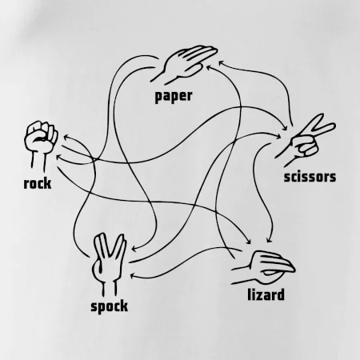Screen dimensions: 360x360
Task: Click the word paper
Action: coord(174,97)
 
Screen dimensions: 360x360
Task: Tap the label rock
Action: coord(38,183)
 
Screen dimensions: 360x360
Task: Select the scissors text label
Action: coord(310,177)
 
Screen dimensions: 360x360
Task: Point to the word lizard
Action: coord(266,294)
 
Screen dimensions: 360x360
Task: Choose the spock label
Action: coord(109,306)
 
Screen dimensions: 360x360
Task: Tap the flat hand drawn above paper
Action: coord(184,64)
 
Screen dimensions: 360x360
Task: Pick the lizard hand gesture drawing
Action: coord(263,267)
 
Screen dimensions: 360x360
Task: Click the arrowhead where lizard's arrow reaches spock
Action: coord(133,276)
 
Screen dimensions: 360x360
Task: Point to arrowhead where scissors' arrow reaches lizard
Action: coord(269,240)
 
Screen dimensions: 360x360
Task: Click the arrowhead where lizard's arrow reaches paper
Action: coord(209,66)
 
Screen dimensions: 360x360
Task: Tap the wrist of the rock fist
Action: coord(38,162)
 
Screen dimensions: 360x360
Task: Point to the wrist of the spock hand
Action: coord(109,287)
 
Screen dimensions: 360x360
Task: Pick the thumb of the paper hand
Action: coord(193,70)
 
